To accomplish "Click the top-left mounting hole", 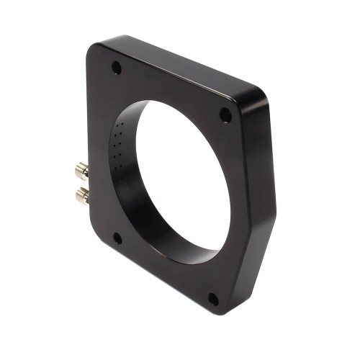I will [x=116, y=68].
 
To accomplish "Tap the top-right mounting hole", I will [x=225, y=114].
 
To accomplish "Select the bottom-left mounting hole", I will [x=118, y=238].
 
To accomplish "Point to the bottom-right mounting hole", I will [x=213, y=298].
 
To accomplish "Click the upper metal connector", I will [x=82, y=171].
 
